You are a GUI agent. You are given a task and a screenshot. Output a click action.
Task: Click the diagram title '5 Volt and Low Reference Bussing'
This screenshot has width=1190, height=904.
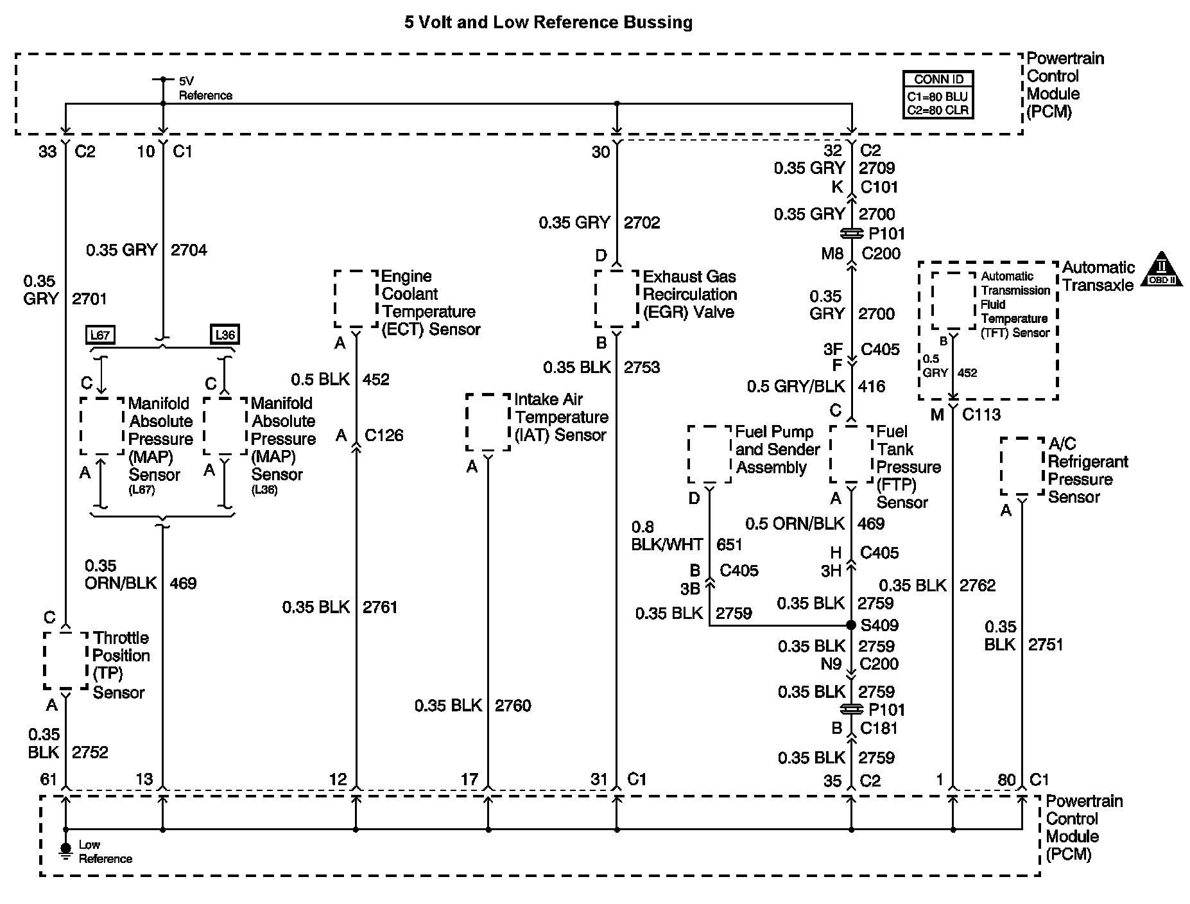[x=548, y=22]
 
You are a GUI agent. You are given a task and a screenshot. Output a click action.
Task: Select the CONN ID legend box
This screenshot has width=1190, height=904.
[x=938, y=95]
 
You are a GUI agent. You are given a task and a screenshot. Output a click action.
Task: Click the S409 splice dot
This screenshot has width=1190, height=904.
[x=851, y=625]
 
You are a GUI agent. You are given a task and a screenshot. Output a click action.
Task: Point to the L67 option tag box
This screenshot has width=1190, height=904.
[x=100, y=335]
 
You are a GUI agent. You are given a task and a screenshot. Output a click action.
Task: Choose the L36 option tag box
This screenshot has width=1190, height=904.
[x=225, y=335]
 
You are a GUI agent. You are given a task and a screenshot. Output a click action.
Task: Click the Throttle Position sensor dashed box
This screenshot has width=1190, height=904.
[x=65, y=661]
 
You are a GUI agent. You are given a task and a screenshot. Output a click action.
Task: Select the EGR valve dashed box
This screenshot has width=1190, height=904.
[x=616, y=299]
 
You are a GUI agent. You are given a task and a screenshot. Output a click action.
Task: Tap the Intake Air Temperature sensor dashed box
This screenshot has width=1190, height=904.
[x=488, y=422]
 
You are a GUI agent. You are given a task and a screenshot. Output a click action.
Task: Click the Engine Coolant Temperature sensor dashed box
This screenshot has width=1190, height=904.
[x=356, y=299]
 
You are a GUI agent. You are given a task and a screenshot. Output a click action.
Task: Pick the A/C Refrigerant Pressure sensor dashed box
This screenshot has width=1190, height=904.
[x=1022, y=467]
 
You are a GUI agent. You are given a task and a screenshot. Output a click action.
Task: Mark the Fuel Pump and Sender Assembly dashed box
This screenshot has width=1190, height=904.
[x=709, y=454]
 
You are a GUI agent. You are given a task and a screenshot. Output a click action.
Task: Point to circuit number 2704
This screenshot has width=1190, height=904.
[x=189, y=250]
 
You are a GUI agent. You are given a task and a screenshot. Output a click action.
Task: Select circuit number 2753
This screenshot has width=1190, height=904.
[x=642, y=367]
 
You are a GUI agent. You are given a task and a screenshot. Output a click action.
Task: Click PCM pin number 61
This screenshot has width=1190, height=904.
[x=49, y=779]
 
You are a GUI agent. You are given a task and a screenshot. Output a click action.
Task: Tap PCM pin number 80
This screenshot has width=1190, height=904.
[x=1006, y=780]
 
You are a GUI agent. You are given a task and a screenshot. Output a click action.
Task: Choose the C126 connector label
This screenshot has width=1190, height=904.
[x=384, y=435]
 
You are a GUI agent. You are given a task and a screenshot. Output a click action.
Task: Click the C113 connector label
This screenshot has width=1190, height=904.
[x=981, y=415]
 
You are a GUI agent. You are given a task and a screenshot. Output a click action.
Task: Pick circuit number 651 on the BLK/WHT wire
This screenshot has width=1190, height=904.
[x=729, y=545]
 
